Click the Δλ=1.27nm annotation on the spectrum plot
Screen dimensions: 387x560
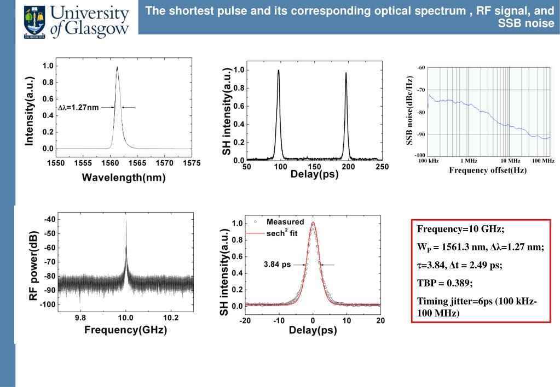click(x=78, y=108)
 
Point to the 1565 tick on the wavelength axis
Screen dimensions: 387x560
click(x=137, y=163)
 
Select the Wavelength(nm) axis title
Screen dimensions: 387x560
click(x=124, y=178)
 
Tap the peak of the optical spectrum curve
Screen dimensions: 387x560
click(x=117, y=67)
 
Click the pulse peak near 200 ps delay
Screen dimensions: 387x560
click(x=346, y=73)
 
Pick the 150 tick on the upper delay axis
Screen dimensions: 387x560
click(x=315, y=166)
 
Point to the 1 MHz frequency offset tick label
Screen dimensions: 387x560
click(x=469, y=161)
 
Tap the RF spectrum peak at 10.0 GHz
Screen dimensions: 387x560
click(x=126, y=220)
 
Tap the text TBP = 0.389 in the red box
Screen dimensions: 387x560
click(x=444, y=283)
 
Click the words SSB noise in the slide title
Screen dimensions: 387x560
click(x=527, y=24)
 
